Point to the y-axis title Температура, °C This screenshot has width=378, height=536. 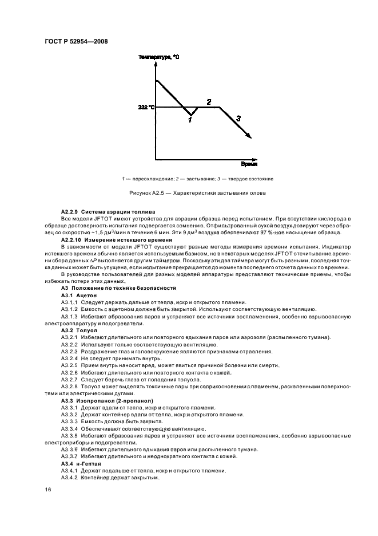[158, 57]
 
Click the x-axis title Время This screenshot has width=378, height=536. [248, 164]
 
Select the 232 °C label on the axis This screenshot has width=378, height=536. [146, 107]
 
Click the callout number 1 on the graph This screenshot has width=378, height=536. [190, 119]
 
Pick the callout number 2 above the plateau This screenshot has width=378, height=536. [209, 101]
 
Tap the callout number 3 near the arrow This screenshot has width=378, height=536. [238, 117]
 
